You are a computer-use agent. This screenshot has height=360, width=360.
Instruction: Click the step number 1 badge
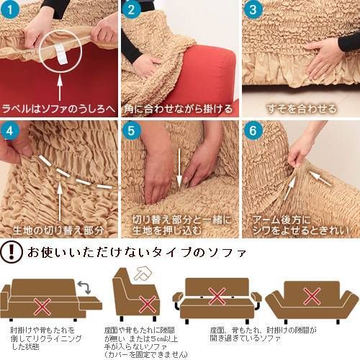[12, 11]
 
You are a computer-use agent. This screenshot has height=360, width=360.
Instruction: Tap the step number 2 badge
[132, 11]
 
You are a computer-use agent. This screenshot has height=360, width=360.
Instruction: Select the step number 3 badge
[253, 11]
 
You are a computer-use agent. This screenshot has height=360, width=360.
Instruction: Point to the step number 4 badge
[12, 132]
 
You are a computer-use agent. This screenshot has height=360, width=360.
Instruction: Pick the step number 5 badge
[132, 132]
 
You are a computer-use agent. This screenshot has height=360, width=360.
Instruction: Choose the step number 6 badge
[253, 132]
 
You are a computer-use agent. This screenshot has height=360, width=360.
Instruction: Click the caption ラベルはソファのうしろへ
[59, 109]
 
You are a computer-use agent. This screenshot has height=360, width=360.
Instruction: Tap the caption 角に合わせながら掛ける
[179, 109]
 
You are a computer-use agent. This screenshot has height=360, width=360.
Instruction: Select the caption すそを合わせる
[301, 109]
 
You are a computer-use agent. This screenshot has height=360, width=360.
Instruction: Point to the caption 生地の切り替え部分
[59, 230]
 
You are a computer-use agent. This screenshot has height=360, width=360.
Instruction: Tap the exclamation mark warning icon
[12, 253]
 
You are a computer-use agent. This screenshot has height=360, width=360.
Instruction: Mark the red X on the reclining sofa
[42, 307]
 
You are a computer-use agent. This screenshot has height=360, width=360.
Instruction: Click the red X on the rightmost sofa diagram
[311, 296]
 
